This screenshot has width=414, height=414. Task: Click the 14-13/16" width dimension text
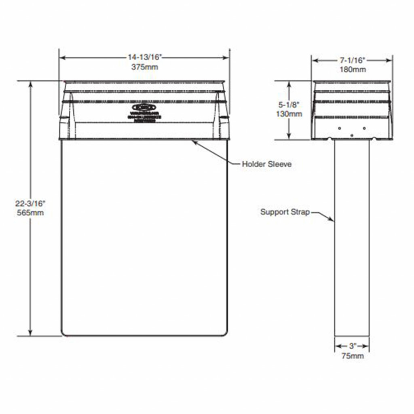(x=144, y=58)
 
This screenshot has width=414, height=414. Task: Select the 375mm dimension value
(x=144, y=67)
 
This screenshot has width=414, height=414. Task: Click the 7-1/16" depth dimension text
(x=352, y=60)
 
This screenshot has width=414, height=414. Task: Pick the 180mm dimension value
(x=352, y=69)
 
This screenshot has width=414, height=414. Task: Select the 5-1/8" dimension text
(x=289, y=105)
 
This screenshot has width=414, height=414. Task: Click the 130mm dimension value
(x=289, y=114)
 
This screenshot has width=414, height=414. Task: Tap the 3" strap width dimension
(x=352, y=346)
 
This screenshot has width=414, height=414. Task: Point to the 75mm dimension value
(x=352, y=356)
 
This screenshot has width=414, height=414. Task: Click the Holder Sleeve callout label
(x=266, y=164)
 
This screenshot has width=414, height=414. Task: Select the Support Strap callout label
(x=285, y=211)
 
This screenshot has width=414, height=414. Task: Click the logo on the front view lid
(x=145, y=108)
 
